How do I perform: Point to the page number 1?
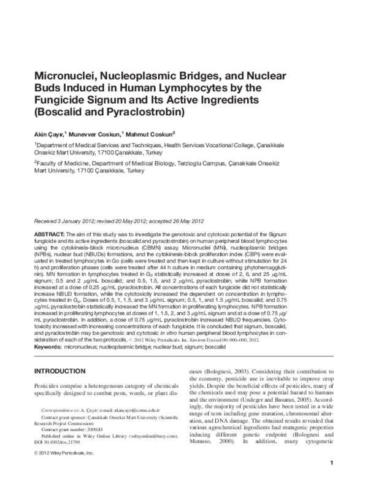(x=331, y=480)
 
